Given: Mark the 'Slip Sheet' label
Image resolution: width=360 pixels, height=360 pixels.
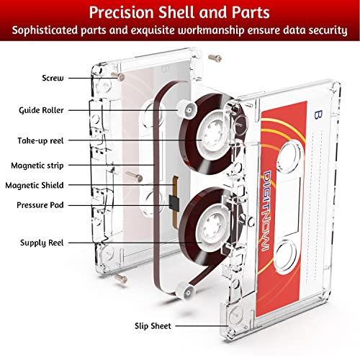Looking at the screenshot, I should coord(153,325).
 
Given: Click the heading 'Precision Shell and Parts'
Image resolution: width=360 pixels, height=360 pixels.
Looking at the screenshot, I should coord(179,14).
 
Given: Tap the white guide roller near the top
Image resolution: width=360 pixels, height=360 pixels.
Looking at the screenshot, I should coord(185,109).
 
